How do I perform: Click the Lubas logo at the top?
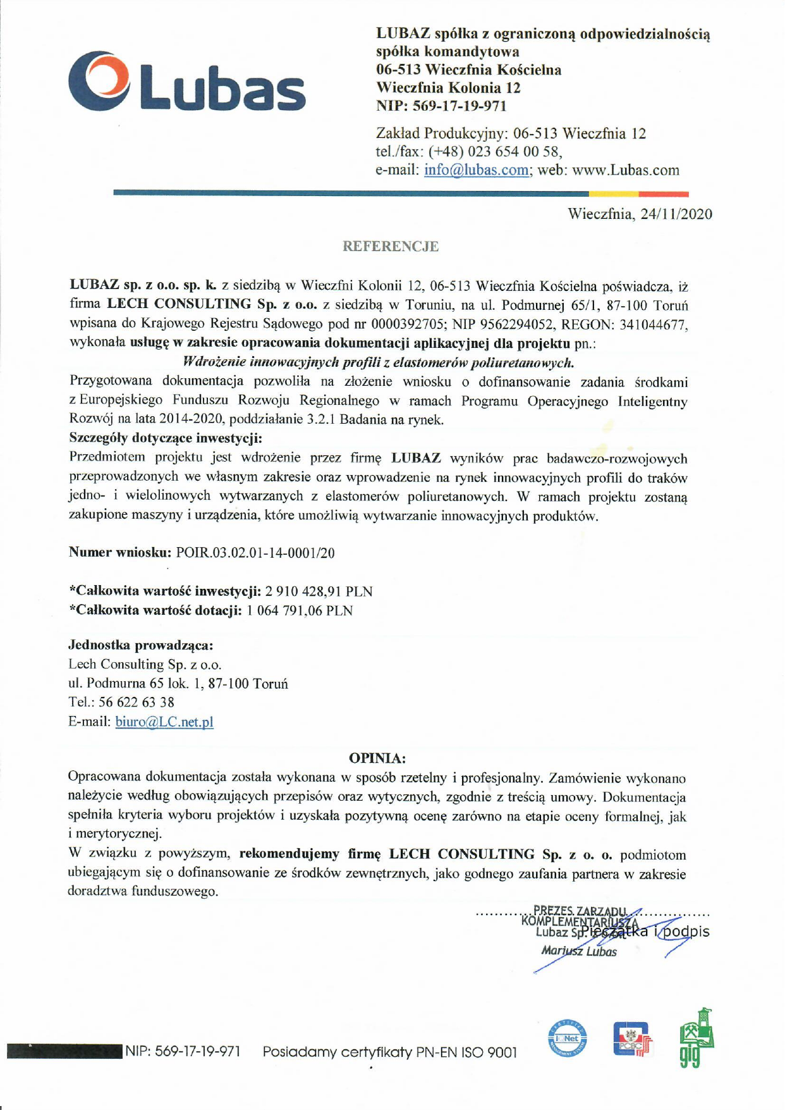pos(187,82)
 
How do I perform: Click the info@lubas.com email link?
pos(476,170)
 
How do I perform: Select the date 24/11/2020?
pos(676,214)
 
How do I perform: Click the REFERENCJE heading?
pos(390,246)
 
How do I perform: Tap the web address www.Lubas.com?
pos(625,170)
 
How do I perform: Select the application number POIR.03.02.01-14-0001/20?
pos(255,553)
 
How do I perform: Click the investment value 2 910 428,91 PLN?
pos(319,591)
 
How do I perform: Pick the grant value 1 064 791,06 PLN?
pos(300,610)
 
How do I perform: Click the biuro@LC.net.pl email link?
pos(164,722)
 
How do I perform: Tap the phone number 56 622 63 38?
pos(137,702)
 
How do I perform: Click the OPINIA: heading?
pos(377,758)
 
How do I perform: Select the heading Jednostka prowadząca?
pos(140,645)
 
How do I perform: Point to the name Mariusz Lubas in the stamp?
pos(578,951)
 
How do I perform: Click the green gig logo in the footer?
pos(696,1039)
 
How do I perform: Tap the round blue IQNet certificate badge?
pos(567,1039)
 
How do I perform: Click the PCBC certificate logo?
pos(631,1039)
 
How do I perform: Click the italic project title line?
pos(378,362)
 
